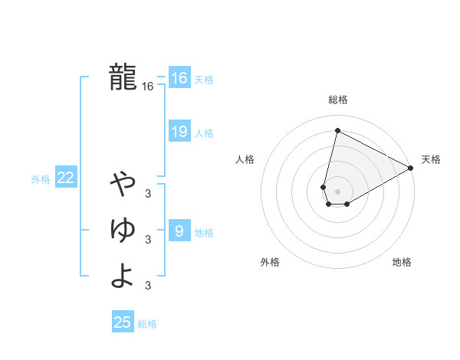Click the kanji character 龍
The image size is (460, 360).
123,77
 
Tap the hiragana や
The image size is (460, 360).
123,183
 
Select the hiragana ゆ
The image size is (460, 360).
123,229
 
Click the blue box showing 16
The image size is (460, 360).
179,78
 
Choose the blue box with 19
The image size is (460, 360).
179,132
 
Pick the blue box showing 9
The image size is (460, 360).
179,231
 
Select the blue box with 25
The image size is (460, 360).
123,322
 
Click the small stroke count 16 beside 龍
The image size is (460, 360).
148,87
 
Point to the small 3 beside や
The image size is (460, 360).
148,194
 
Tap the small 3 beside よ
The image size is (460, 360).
148,286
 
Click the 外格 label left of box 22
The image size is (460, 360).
41,179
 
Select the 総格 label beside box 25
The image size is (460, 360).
147,324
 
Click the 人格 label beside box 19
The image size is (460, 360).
204,133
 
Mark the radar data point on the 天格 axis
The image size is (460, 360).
412,169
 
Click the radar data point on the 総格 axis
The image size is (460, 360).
337,131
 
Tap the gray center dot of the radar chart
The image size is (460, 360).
337,191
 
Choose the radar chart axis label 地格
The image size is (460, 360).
402,263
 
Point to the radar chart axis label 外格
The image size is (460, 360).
270,263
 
